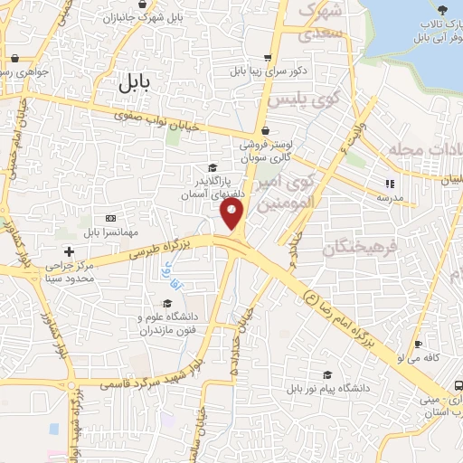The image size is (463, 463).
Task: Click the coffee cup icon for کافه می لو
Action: [417, 345]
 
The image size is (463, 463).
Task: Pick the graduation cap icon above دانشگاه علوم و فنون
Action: [167, 303]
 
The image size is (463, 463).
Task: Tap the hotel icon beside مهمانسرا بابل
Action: [110, 218]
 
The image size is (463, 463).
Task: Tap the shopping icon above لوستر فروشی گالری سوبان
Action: [263, 130]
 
